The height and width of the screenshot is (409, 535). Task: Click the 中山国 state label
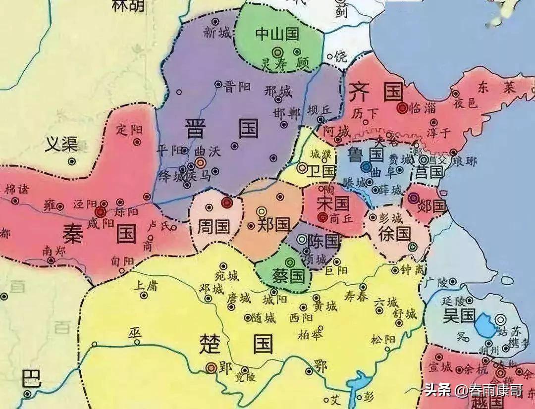[277, 34]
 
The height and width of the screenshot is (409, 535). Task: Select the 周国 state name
[214, 227]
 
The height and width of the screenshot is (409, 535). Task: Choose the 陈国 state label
[323, 242]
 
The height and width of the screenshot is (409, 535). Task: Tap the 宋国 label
[333, 203]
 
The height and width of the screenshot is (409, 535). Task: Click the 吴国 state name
[459, 315]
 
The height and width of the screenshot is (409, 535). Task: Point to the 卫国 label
[321, 171]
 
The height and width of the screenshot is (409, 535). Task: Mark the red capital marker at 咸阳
[101, 212]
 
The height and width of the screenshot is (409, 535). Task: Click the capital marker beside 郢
[212, 367]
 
